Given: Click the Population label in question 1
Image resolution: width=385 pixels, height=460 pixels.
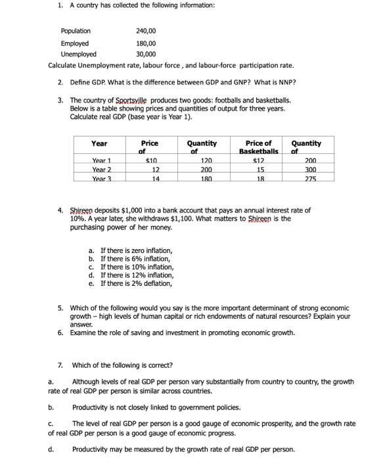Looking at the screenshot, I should [76, 31].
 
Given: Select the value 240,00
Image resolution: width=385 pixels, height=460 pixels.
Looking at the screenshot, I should [145, 31].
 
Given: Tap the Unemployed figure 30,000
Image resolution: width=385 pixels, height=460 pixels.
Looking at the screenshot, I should [146, 55].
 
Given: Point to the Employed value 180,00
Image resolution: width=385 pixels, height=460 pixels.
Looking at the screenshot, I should [145, 43].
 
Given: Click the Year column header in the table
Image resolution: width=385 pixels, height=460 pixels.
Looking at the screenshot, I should [99, 143].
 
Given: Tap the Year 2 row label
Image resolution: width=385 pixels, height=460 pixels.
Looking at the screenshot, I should [101, 169].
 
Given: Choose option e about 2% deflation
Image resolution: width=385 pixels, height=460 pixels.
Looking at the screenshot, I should [135, 284].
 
